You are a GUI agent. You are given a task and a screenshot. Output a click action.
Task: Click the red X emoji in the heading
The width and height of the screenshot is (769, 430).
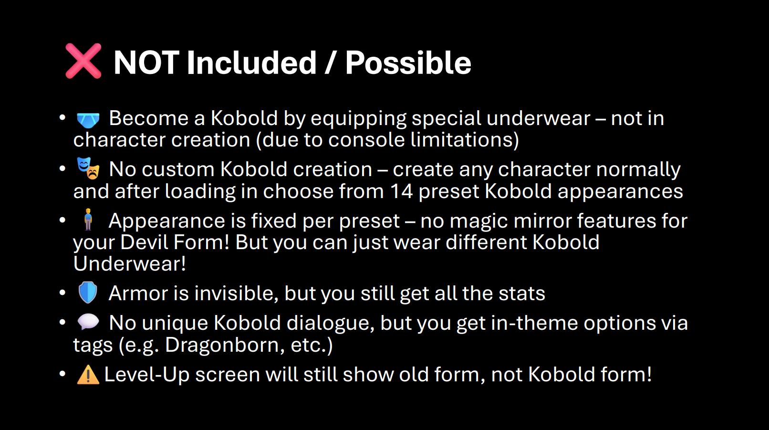83,61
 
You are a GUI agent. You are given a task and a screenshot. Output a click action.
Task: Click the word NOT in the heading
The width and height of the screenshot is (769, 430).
146,63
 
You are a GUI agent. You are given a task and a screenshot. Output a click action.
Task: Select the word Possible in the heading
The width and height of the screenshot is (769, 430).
408,63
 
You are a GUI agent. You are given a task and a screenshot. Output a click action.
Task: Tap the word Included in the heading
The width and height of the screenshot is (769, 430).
251,62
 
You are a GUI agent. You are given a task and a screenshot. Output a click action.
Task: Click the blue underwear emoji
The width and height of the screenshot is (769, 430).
88,120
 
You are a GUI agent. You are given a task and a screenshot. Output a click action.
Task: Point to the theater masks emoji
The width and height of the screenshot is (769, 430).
88,168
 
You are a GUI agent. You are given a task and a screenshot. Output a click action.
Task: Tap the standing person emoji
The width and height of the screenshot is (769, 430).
88,220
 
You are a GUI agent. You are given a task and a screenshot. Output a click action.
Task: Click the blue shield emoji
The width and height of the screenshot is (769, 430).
88,292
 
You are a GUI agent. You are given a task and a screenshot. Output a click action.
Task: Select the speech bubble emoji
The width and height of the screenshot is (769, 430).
88,322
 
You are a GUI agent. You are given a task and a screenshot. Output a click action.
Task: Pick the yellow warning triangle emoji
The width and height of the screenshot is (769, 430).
88,374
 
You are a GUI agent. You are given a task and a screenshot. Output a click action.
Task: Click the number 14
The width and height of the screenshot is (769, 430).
401,191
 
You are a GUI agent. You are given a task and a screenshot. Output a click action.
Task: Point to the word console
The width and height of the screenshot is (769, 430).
366,140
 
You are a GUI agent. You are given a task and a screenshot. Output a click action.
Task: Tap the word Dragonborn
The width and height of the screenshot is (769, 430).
225,345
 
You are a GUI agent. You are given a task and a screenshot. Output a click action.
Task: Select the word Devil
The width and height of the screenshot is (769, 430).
144,242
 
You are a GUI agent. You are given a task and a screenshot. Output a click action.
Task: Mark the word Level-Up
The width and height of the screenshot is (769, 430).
147,375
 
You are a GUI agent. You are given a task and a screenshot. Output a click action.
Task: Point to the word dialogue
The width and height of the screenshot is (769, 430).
330,324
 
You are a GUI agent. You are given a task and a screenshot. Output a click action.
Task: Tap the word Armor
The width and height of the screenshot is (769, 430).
138,294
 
